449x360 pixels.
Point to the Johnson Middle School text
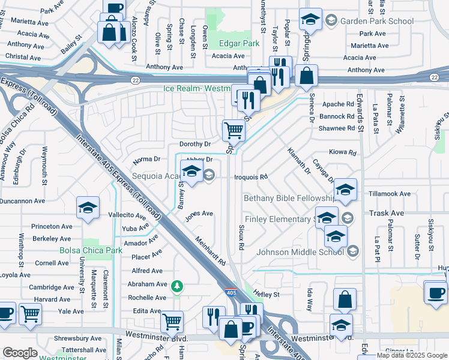pyautogui.click(x=300, y=251)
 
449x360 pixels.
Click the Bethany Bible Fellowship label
pyautogui.click(x=289, y=198)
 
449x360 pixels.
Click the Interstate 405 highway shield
pyautogui.click(x=231, y=292)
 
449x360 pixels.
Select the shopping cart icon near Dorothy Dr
pyautogui.click(x=233, y=129)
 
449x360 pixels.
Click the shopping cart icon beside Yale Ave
pyautogui.click(x=29, y=313)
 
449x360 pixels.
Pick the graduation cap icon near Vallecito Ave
pyautogui.click(x=88, y=208)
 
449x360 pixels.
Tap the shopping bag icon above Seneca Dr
pyautogui.click(x=306, y=76)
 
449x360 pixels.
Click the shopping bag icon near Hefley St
pyautogui.click(x=345, y=299)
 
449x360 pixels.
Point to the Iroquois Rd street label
pyautogui.click(x=250, y=177)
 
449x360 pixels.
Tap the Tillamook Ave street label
pyautogui.click(x=390, y=194)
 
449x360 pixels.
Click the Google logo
pyautogui.click(x=20, y=353)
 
